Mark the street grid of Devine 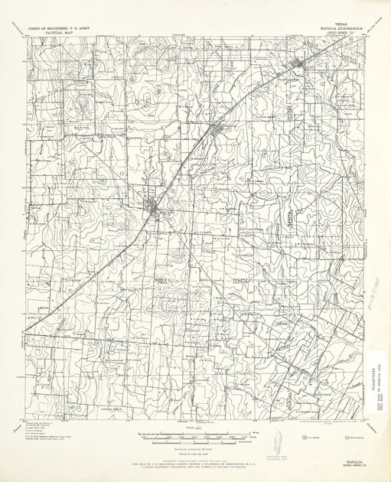pos(157,207)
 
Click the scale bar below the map pos(196,435)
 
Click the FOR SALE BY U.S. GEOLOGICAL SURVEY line pos(196,464)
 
